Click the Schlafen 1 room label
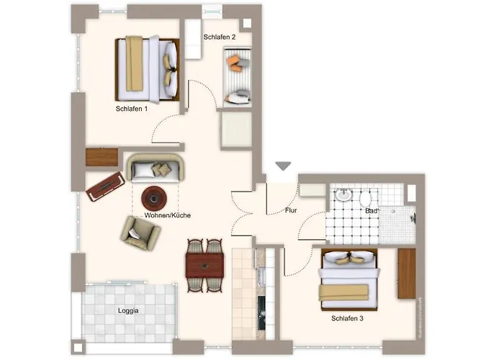pyautogui.click(x=132, y=109)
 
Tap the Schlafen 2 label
pyautogui.click(x=219, y=37)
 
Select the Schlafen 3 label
pyautogui.click(x=347, y=318)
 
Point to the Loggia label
pyautogui.click(x=128, y=311)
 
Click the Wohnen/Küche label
pyautogui.click(x=168, y=215)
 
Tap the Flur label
pyautogui.click(x=291, y=210)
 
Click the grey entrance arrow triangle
pyautogui.click(x=283, y=166)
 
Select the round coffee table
pyautogui.click(x=154, y=199)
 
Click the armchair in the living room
pyautogui.click(x=140, y=233)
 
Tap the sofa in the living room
pyautogui.click(x=156, y=168)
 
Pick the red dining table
pyautogui.click(x=204, y=266)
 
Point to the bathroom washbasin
pyautogui.click(x=343, y=194)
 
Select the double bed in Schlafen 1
pyautogui.click(x=147, y=69)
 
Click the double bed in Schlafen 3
pyautogui.click(x=349, y=279)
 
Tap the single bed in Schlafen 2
pyautogui.click(x=237, y=77)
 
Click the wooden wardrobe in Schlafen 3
pyautogui.click(x=407, y=274)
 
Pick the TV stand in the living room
pyautogui.click(x=105, y=186)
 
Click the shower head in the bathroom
pyautogui.click(x=413, y=219)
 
